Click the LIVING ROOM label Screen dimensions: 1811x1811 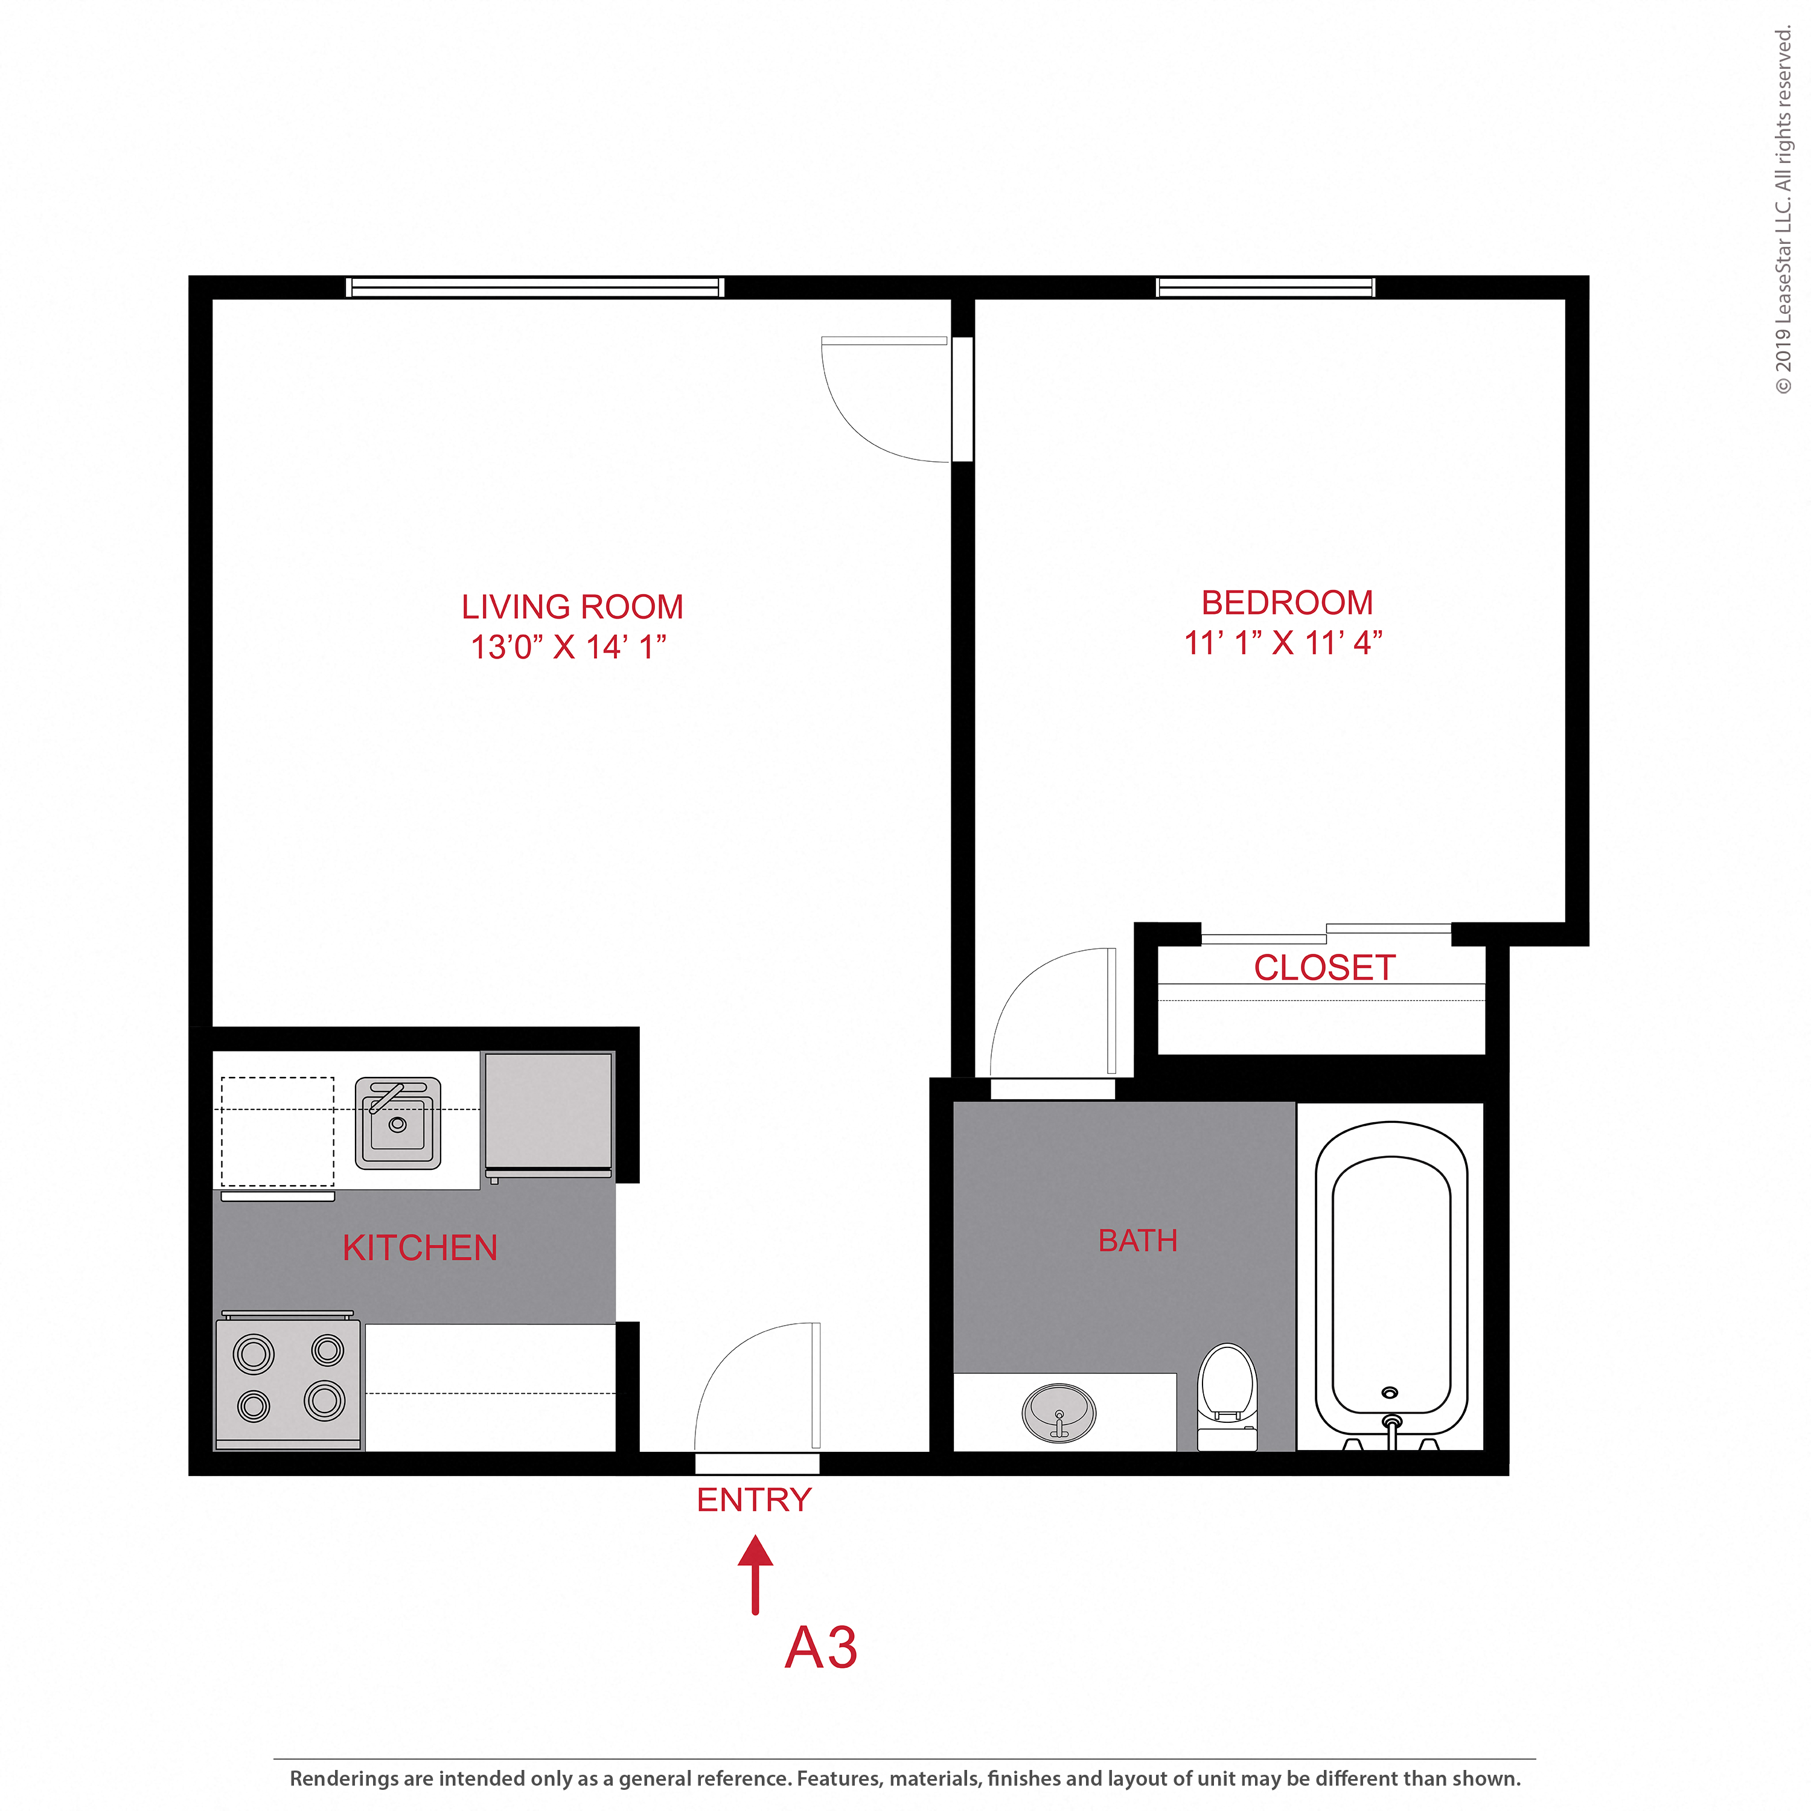point(572,607)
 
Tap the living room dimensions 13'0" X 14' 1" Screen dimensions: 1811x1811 point(568,647)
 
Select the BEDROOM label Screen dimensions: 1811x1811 point(1287,602)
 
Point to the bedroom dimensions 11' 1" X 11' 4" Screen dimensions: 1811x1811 point(1282,643)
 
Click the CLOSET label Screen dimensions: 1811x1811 point(1324,967)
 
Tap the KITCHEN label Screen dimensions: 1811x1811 point(420,1248)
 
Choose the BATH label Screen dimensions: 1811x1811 point(1137,1240)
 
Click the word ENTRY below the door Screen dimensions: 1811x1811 point(753,1500)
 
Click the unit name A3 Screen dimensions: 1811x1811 point(820,1647)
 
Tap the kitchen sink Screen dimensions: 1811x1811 point(397,1123)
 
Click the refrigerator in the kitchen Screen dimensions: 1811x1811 point(548,1112)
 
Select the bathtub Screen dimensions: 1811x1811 point(1391,1284)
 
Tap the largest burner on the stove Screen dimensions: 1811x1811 point(324,1401)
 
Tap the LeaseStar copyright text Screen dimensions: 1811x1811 point(1783,211)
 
